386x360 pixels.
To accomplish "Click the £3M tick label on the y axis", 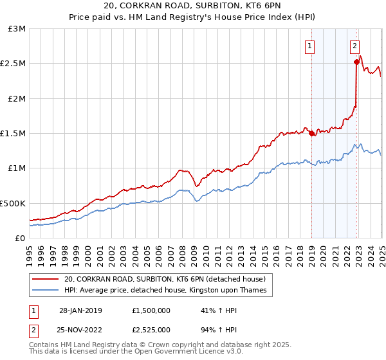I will (x=17, y=29).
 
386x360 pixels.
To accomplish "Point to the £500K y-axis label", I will (x=13, y=203).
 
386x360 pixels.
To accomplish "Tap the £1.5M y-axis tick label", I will (x=13, y=134).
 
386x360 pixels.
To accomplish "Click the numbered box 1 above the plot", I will (x=310, y=46).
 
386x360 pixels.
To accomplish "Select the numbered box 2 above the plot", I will (x=354, y=46).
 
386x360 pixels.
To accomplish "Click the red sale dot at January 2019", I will (x=312, y=134).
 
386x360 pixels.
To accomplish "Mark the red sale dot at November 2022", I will (x=356, y=62).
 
